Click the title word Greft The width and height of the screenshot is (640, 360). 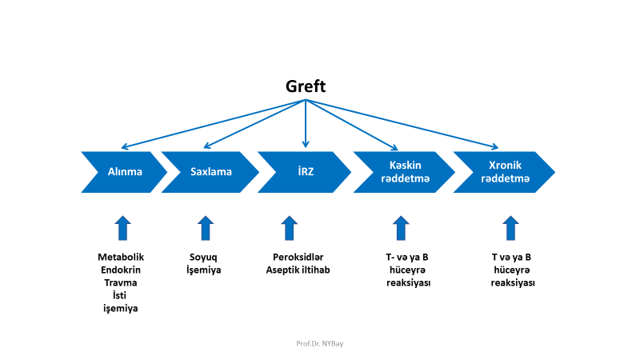[x=306, y=86]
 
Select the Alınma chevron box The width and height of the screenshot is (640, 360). [x=124, y=172]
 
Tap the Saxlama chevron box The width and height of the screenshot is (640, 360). [x=210, y=172]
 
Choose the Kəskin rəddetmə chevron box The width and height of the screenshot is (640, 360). [x=402, y=172]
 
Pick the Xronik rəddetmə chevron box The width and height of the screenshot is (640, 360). [x=504, y=172]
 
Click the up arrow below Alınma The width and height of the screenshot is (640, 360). [x=122, y=227]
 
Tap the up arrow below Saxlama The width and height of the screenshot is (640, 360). [x=206, y=227]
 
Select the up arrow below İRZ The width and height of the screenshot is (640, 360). [x=290, y=227]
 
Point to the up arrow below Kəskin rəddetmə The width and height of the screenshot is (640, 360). [x=401, y=227]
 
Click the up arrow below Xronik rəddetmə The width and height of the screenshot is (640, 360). [x=510, y=227]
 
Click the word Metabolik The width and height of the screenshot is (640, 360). [x=122, y=258]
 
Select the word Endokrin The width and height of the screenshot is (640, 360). [x=120, y=270]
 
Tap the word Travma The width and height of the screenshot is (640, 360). [x=120, y=283]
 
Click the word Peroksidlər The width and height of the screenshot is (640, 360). [x=297, y=258]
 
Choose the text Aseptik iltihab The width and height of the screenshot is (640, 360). [x=298, y=270]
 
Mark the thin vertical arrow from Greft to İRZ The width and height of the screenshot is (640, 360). [x=305, y=124]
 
